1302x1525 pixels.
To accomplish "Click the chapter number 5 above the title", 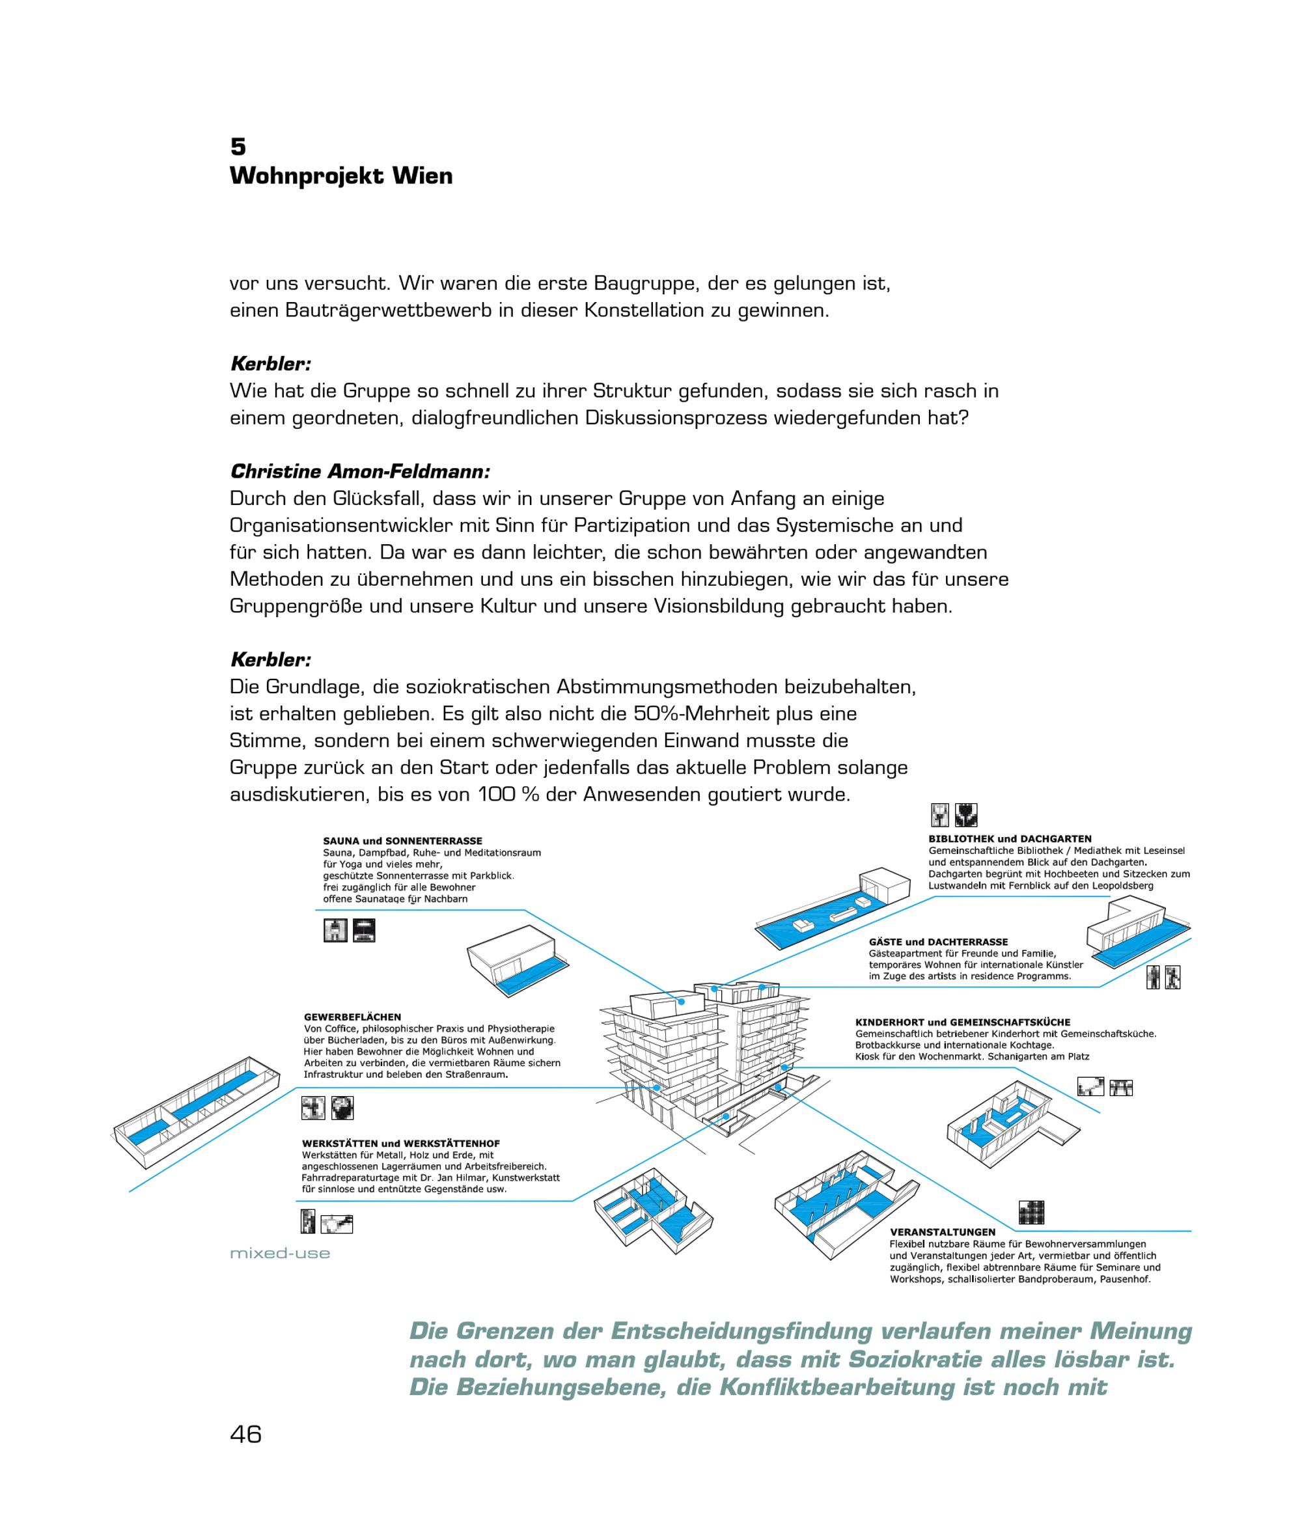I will click(238, 146).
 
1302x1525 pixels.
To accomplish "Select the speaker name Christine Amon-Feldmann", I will click(359, 471).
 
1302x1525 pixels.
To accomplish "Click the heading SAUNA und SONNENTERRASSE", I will click(402, 840).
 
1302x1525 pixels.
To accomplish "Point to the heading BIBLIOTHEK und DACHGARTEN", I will click(1010, 838).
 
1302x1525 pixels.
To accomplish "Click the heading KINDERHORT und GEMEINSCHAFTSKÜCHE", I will click(962, 1023).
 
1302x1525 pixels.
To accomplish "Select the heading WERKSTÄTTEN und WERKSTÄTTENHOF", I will click(400, 1144).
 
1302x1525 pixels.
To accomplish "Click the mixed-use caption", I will click(280, 1253).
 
